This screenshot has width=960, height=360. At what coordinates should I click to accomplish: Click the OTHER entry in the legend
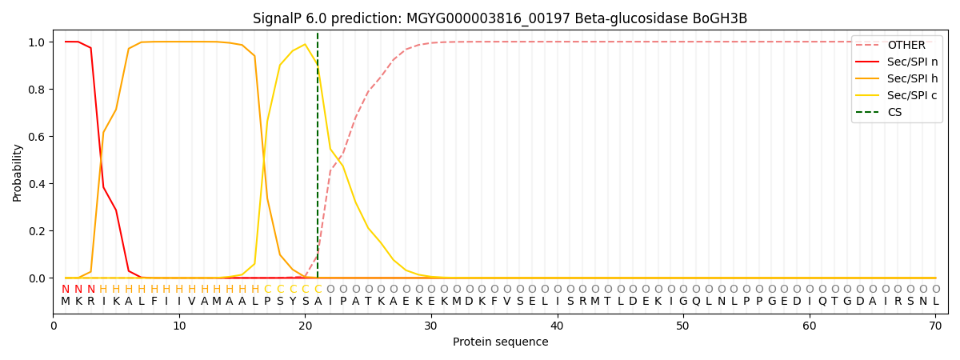[x=906, y=46]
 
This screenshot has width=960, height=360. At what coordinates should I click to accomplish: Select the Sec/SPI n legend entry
[x=912, y=62]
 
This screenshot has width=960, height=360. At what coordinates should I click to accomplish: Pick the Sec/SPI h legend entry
[x=912, y=78]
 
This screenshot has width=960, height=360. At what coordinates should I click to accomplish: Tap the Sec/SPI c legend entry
[x=912, y=95]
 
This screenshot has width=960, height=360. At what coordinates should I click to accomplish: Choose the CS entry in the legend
[x=894, y=112]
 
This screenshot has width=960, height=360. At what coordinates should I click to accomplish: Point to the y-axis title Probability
[x=18, y=172]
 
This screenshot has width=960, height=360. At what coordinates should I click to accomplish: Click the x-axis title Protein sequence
[x=500, y=342]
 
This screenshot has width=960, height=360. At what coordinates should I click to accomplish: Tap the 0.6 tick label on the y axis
[x=35, y=137]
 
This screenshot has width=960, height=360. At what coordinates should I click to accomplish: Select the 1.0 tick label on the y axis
[x=35, y=42]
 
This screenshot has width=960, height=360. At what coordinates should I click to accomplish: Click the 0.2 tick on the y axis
[x=35, y=231]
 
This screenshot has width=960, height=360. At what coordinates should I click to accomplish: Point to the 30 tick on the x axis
[x=431, y=326]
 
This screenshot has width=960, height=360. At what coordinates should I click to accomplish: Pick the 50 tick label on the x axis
[x=683, y=326]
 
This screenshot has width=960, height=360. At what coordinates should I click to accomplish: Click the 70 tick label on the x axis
[x=935, y=326]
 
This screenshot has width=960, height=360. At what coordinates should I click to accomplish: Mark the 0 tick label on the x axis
[x=54, y=326]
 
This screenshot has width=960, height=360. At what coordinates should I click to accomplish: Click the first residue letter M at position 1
[x=66, y=302]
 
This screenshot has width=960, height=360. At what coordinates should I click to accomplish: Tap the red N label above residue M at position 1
[x=66, y=290]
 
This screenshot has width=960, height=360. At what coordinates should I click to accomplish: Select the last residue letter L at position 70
[x=935, y=302]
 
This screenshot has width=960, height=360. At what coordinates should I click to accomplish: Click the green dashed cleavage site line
[x=318, y=160]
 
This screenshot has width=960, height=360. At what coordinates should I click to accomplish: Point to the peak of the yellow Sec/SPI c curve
[x=305, y=44]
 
